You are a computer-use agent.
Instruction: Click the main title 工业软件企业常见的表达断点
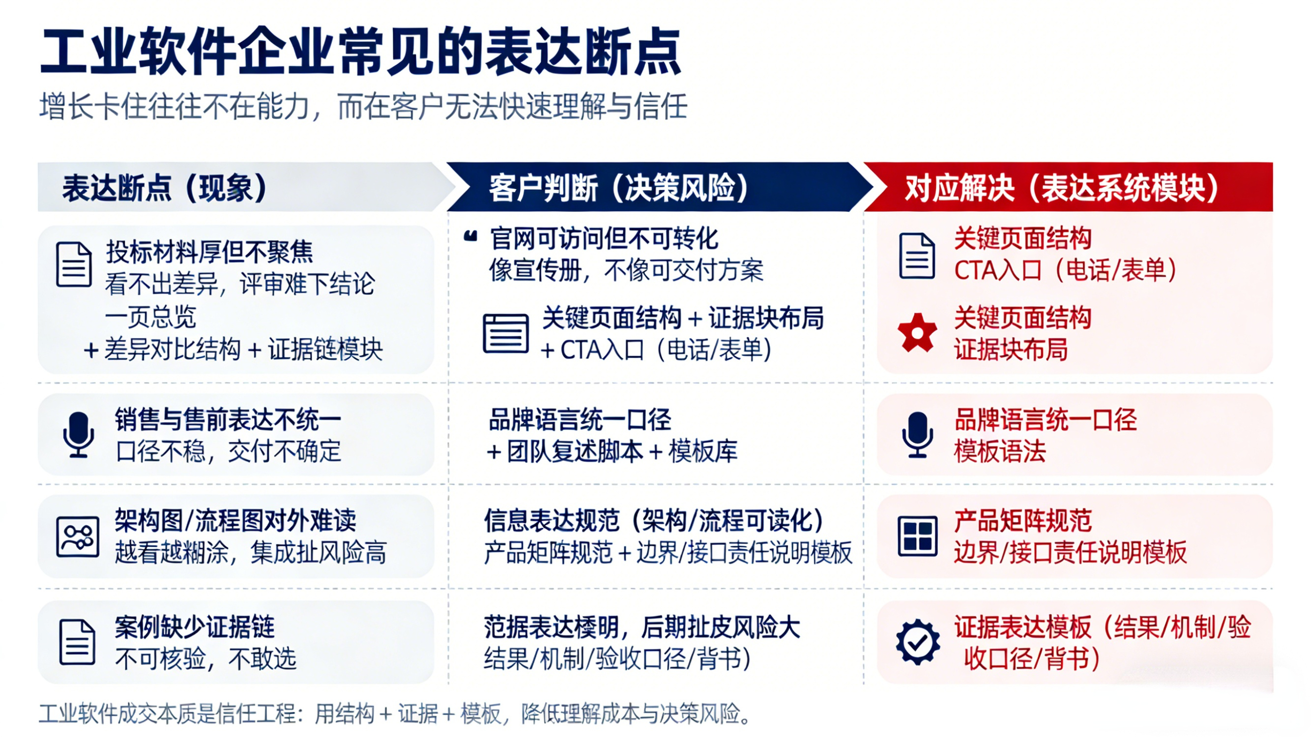click(361, 52)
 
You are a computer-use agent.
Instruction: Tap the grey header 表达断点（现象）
click(164, 188)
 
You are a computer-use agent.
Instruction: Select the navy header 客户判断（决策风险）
click(619, 188)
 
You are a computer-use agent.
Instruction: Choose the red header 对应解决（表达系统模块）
click(1062, 188)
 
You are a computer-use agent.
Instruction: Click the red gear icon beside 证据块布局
click(917, 333)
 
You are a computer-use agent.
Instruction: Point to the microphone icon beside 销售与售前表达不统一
click(78, 435)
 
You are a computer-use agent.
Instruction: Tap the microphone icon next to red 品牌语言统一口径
click(917, 435)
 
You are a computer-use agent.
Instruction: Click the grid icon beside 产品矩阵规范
click(917, 536)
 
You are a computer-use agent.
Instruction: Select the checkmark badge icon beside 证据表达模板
click(918, 642)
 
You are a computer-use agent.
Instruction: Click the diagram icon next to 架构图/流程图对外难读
click(77, 537)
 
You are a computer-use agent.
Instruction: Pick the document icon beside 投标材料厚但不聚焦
click(74, 264)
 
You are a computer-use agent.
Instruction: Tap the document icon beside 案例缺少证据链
click(77, 642)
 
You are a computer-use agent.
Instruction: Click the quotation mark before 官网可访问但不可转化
click(471, 236)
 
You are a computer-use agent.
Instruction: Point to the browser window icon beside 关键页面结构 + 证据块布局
click(505, 333)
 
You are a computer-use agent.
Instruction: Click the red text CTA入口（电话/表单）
click(1065, 270)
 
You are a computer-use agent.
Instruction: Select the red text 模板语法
click(999, 451)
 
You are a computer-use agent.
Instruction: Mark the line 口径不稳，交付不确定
click(228, 451)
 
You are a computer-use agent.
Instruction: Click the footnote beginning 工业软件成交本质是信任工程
click(395, 713)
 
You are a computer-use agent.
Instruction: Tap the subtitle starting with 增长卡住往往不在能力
click(364, 107)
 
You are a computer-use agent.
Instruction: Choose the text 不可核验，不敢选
click(206, 659)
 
